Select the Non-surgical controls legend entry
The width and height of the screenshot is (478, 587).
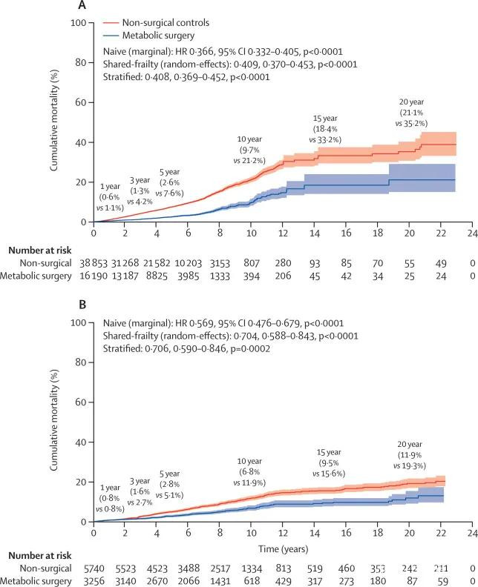(x=166, y=23)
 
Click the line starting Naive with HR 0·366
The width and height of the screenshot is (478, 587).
(x=223, y=51)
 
